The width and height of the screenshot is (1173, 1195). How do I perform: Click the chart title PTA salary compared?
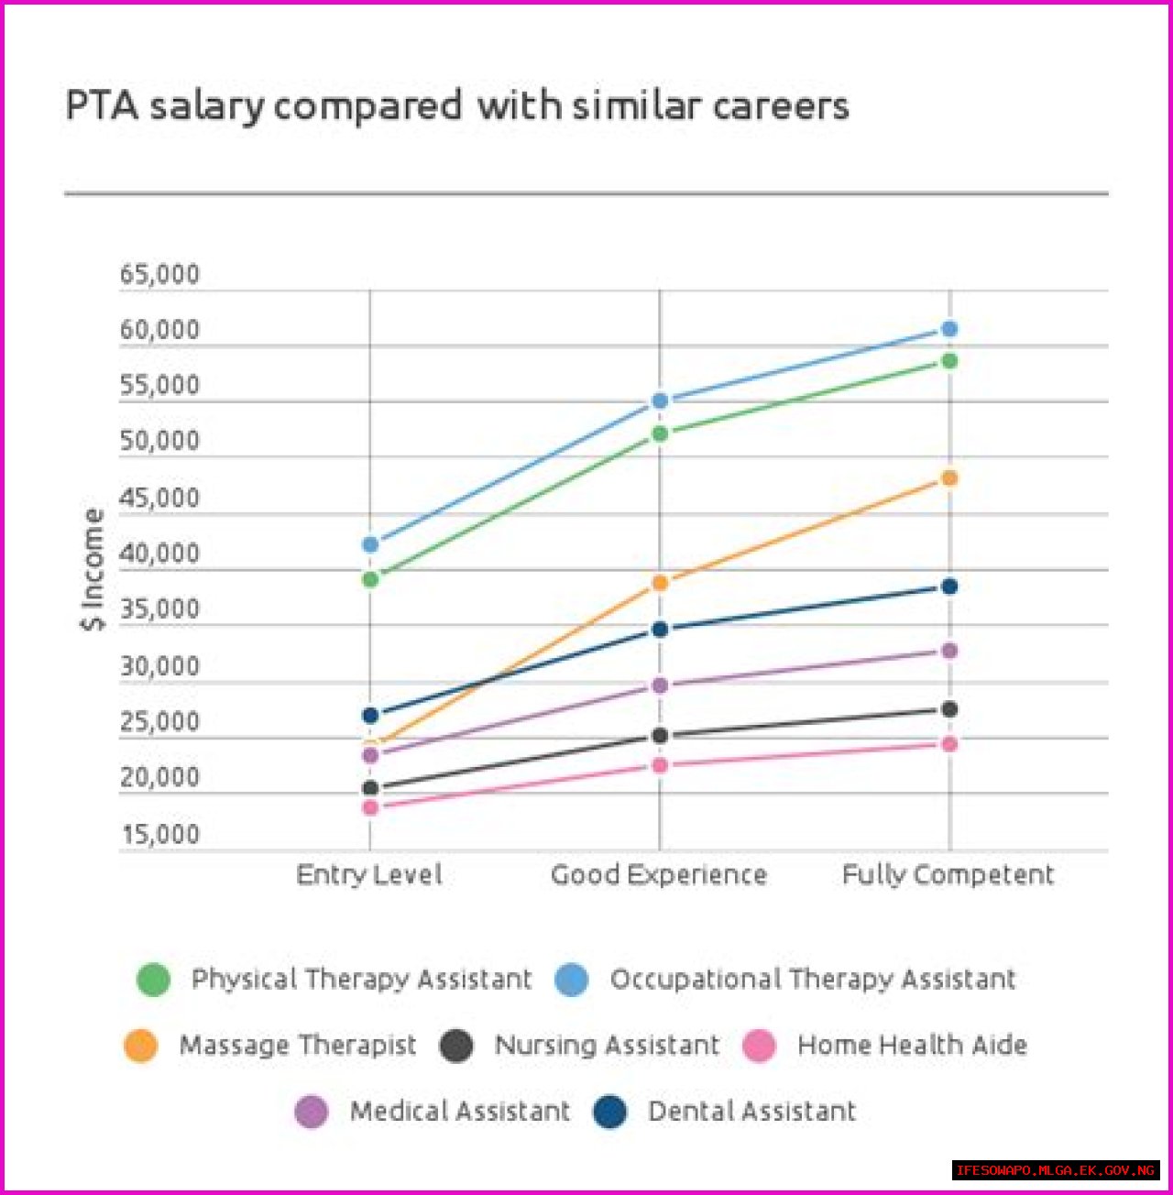coord(456,105)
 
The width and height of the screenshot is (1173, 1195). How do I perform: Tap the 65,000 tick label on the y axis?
coord(159,274)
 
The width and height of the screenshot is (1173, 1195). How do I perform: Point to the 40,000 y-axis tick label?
coord(159,554)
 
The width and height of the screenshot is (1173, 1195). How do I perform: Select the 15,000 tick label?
coord(159,834)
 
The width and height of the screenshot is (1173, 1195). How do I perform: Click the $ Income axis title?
coord(93,569)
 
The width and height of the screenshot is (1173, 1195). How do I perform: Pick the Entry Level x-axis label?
coord(369,874)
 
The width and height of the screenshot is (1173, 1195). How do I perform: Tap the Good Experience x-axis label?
coord(659,874)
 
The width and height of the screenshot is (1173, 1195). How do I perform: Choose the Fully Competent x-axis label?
coord(948,874)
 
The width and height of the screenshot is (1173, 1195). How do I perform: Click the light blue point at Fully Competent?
coord(949,329)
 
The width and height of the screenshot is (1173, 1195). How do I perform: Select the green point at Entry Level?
coord(370,579)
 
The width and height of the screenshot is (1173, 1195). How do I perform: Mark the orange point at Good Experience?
coord(660,583)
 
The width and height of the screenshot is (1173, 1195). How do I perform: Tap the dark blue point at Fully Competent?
coord(949,587)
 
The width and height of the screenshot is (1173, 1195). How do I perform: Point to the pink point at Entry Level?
coord(370,807)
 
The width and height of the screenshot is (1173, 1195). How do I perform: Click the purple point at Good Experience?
coord(660,685)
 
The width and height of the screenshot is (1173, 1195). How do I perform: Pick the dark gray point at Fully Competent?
coord(949,709)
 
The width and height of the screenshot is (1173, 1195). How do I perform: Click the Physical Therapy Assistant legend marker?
coord(153,980)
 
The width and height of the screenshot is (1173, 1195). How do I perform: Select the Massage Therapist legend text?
coord(298,1045)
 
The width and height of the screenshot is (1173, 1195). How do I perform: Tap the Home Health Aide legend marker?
coord(759,1046)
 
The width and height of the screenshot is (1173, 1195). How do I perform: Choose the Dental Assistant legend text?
coord(751,1112)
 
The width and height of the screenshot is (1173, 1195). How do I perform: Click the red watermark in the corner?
coord(1055,1170)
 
